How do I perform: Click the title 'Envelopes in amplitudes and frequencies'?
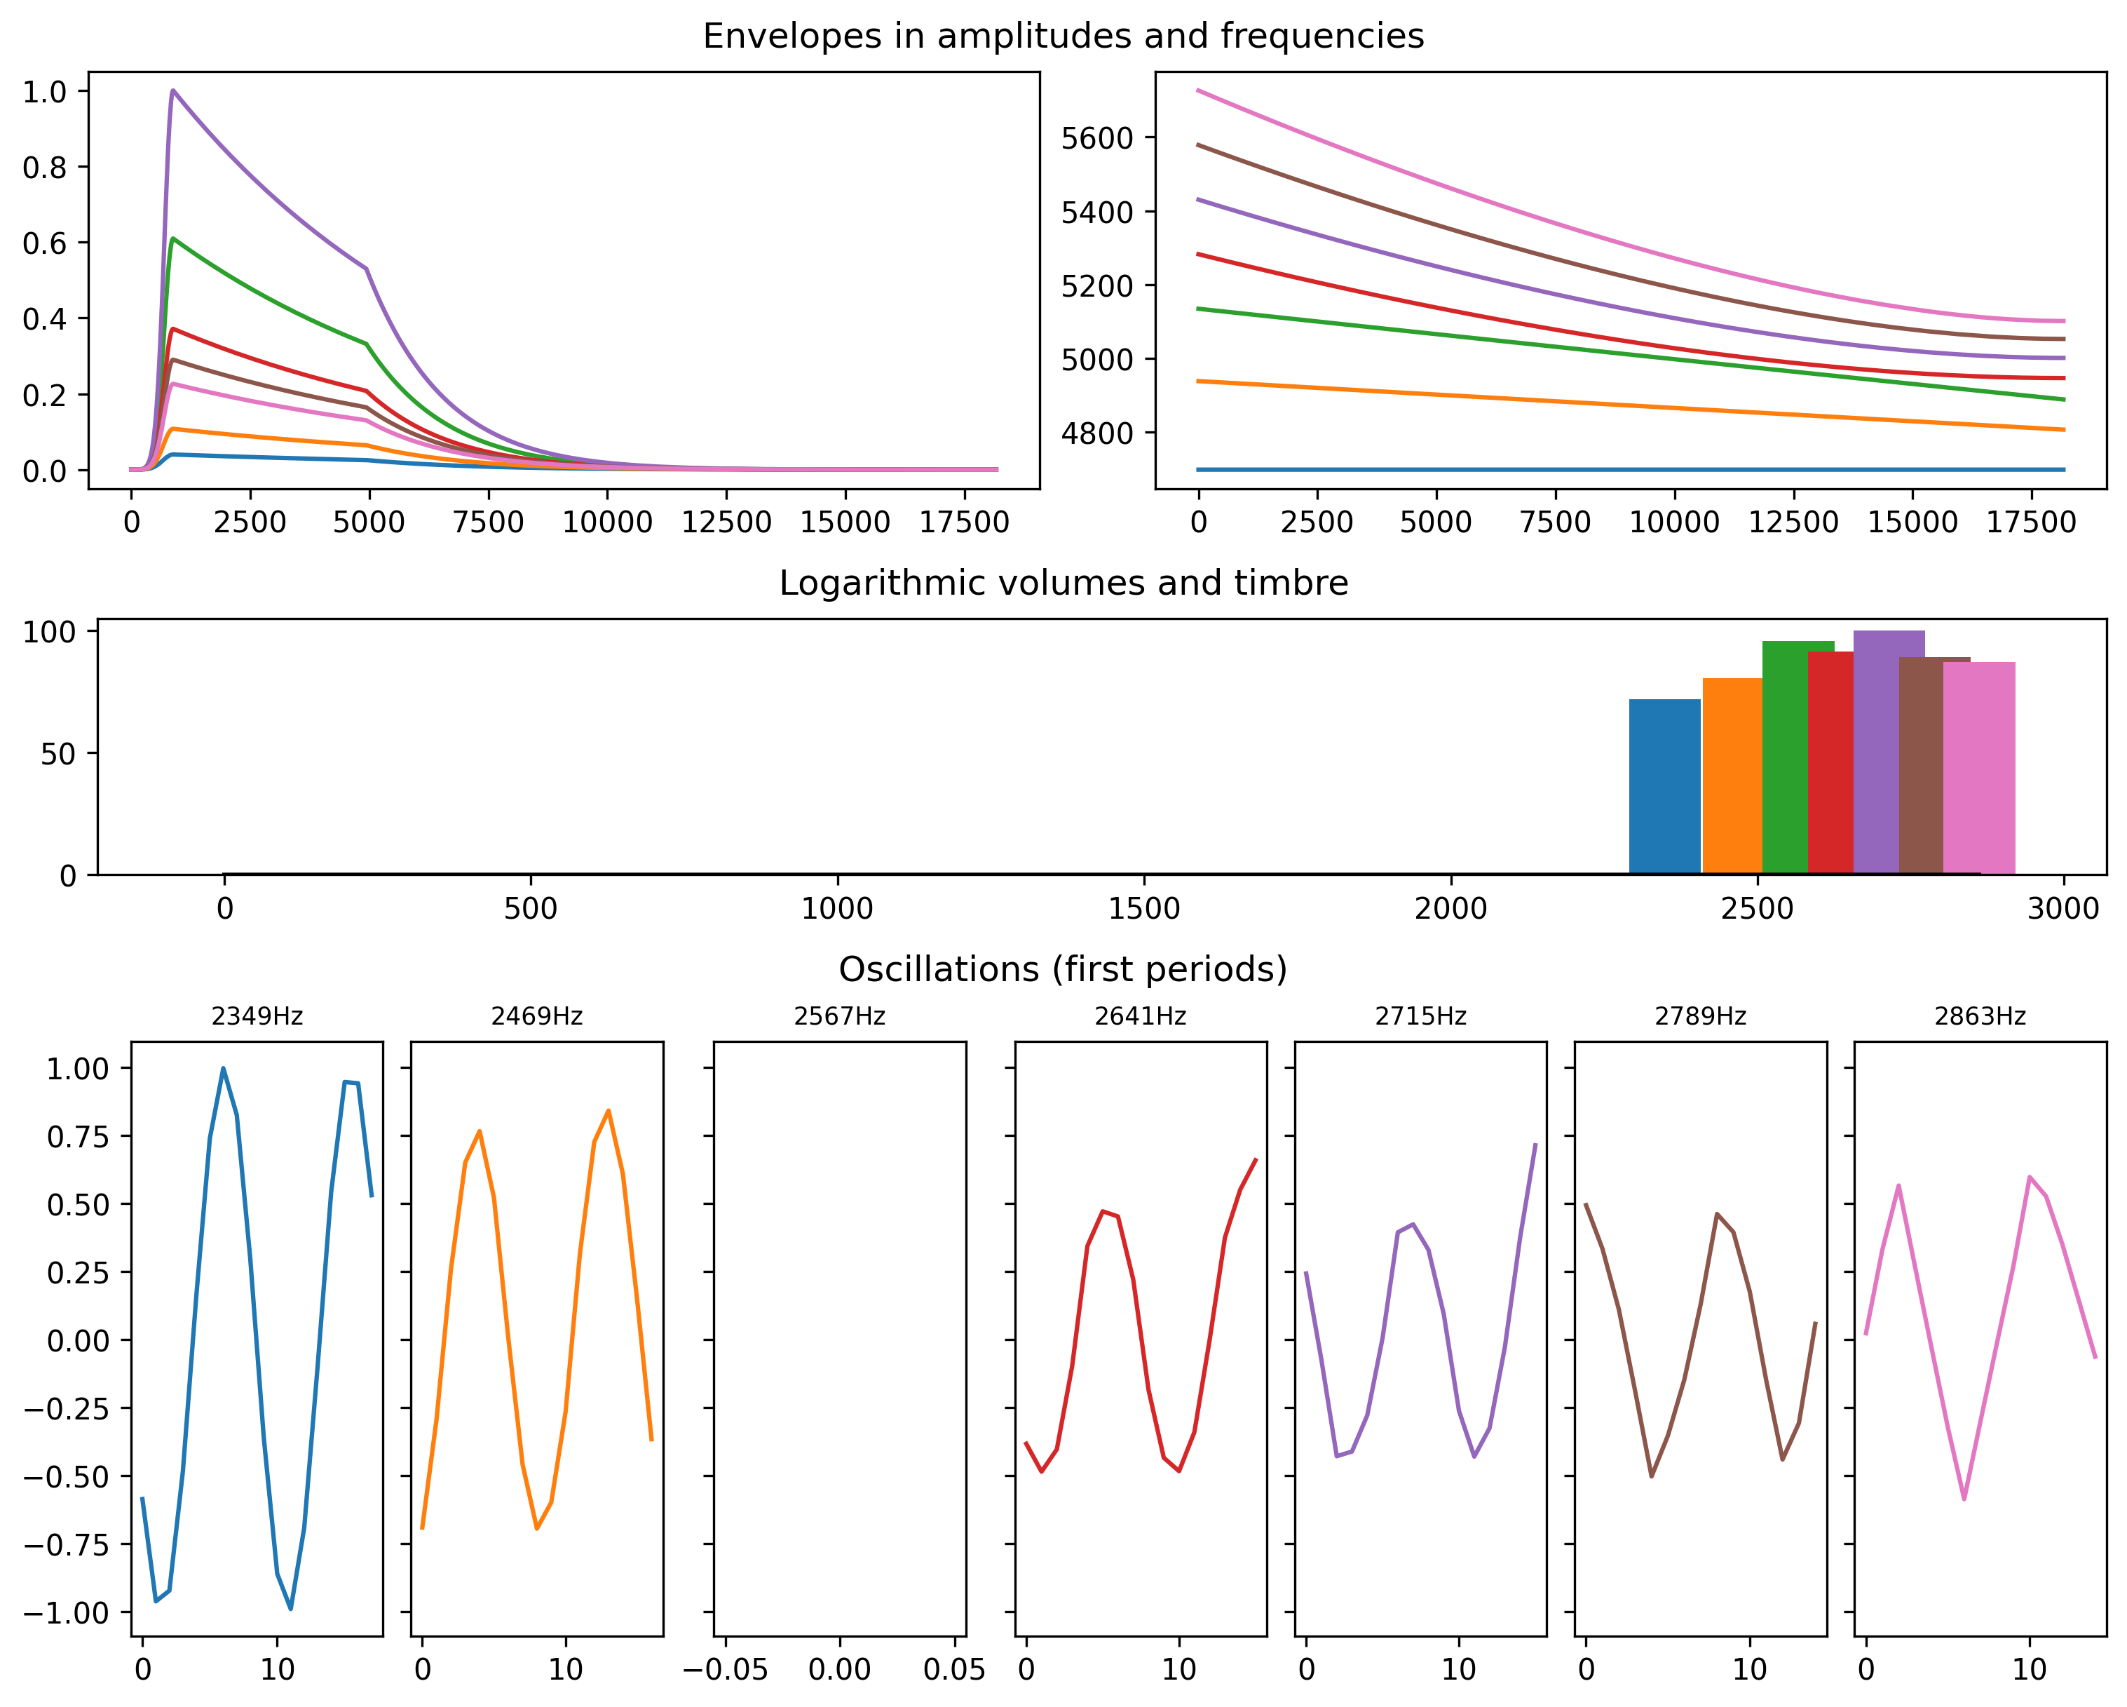coord(1063,36)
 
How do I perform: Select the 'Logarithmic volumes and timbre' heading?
coord(1063,583)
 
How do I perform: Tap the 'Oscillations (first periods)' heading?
coord(1063,970)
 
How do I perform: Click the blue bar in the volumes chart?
coord(1664,786)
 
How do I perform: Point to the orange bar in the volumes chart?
coord(1732,776)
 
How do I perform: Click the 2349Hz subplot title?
coord(257,1016)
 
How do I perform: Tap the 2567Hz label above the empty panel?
coord(840,1016)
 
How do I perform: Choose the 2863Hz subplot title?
coord(1979,1016)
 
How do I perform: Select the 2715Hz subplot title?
coord(1420,1016)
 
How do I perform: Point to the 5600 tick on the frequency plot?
coord(1097,138)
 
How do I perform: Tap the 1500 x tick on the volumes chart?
coord(1143,909)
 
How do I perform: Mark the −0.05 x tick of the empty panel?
coord(725,1670)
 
